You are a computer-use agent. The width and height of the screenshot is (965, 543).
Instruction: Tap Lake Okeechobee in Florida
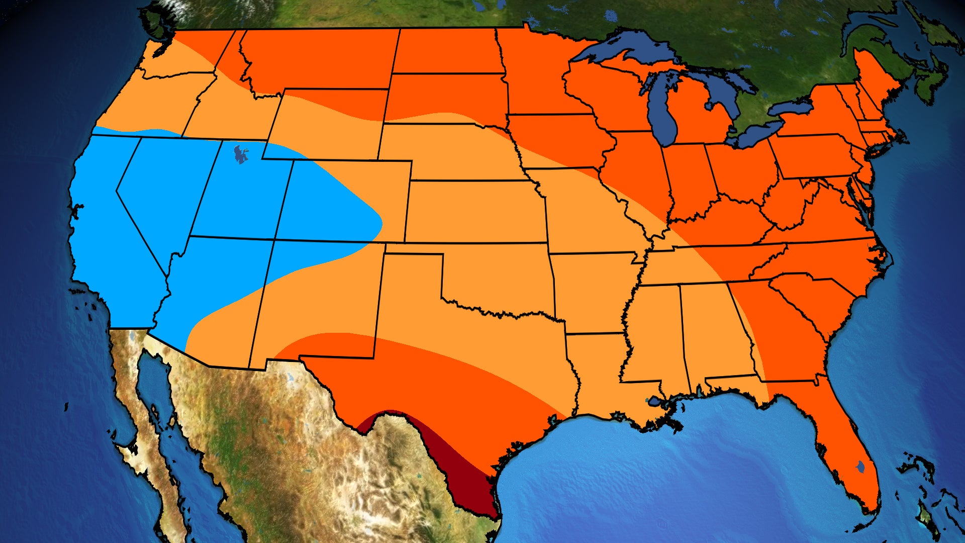pyautogui.click(x=861, y=467)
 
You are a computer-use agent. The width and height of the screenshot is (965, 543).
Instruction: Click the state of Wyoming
pyautogui.click(x=327, y=126)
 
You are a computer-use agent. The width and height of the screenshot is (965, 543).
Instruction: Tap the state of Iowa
pyautogui.click(x=558, y=141)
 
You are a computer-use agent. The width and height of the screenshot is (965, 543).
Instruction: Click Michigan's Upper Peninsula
pyautogui.click(x=628, y=70)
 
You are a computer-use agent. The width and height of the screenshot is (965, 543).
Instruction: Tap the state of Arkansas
pyautogui.click(x=593, y=292)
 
